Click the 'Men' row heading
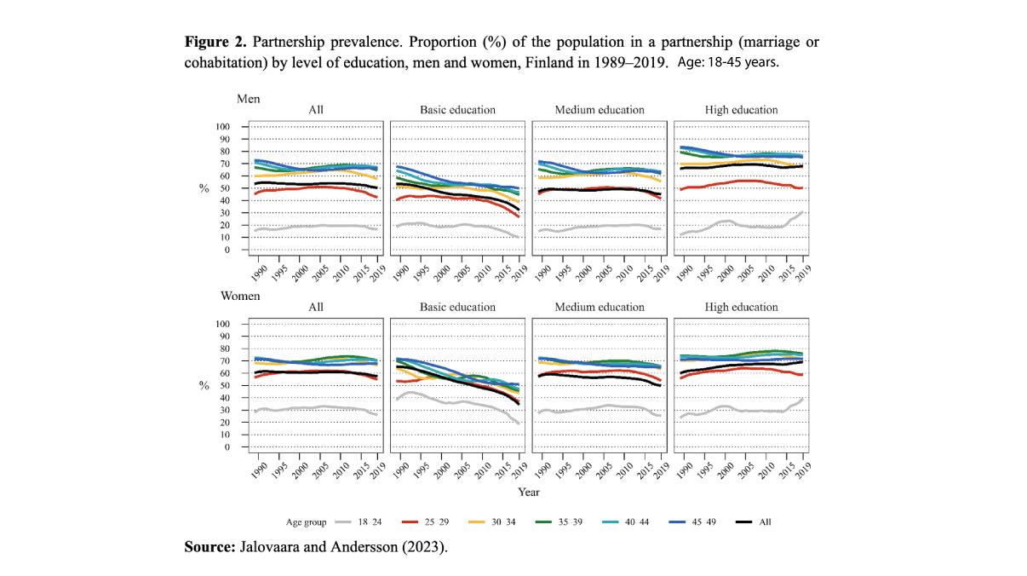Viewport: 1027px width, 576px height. point(248,99)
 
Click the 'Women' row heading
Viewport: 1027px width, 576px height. point(241,297)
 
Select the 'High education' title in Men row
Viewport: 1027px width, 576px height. point(741,110)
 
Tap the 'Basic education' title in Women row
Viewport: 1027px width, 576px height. point(457,307)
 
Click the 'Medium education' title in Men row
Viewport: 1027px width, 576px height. point(599,110)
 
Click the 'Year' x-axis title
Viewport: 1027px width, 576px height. point(528,492)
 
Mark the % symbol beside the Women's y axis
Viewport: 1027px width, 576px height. point(204,385)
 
